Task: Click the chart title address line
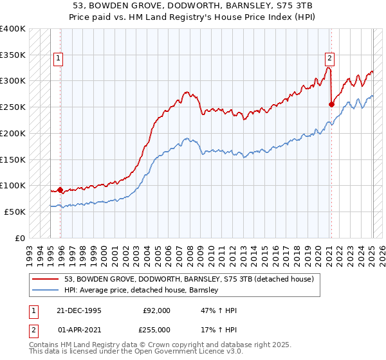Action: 193,6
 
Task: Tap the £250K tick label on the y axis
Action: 13,107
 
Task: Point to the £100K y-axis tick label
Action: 13,185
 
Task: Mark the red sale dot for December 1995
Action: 60,190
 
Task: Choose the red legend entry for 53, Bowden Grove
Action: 188,279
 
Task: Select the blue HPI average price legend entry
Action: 142,291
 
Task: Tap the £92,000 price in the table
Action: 156,310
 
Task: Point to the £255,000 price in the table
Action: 156,329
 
